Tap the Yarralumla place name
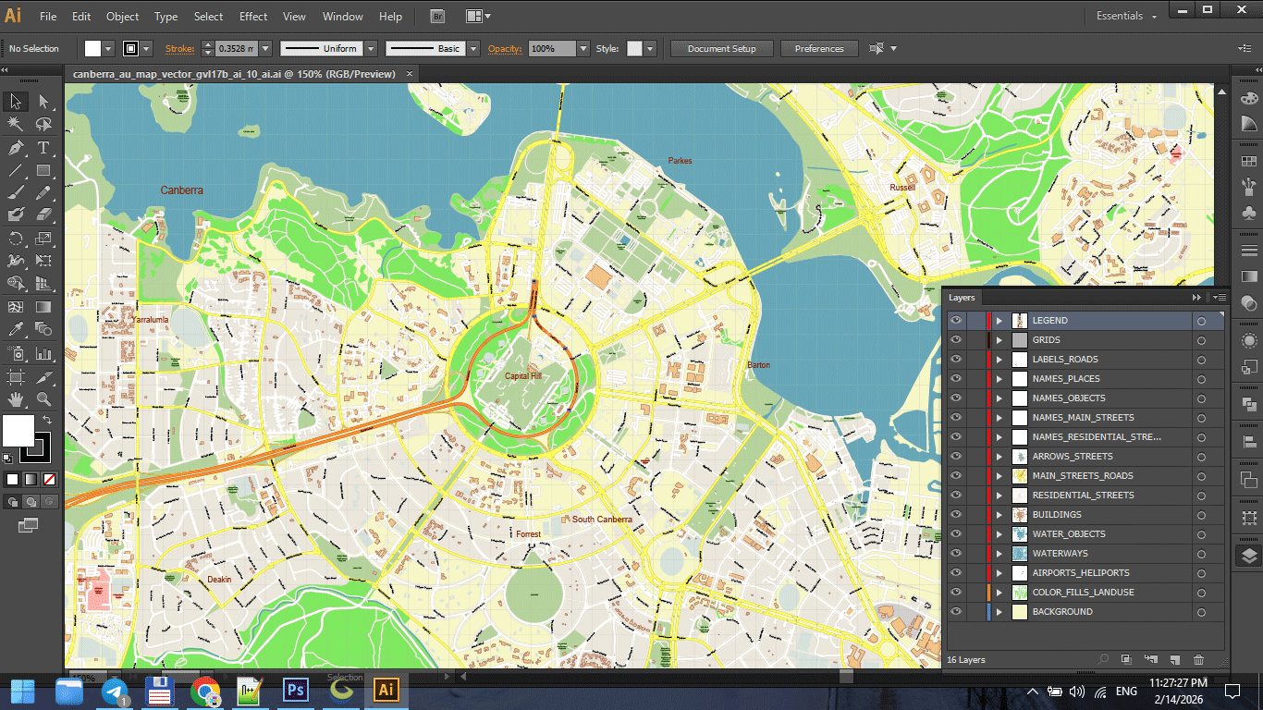point(150,320)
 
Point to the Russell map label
point(901,188)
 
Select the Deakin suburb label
point(219,580)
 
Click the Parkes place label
point(680,161)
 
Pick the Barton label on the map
point(758,365)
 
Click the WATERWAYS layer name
point(1060,554)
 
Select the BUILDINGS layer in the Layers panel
point(1057,515)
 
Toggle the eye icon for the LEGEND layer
point(956,321)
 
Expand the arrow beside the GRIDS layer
point(999,340)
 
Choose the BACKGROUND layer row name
point(1062,612)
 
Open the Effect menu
point(253,17)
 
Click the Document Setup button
point(721,49)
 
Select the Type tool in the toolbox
point(43,148)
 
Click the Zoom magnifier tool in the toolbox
point(43,400)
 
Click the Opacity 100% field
point(551,49)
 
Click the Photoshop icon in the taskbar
point(296,691)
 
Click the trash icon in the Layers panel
point(1198,660)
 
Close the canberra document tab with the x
point(411,74)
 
